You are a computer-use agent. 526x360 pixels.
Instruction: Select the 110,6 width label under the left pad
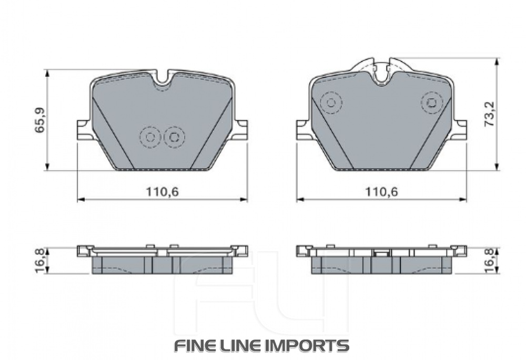pyautogui.click(x=163, y=192)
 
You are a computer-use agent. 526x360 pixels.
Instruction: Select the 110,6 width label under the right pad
pyautogui.click(x=381, y=192)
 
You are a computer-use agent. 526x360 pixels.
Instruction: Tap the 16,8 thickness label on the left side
pyautogui.click(x=41, y=261)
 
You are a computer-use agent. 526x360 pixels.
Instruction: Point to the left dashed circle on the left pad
pyautogui.click(x=150, y=137)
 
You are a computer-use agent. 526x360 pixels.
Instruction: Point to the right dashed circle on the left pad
pyautogui.click(x=174, y=137)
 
